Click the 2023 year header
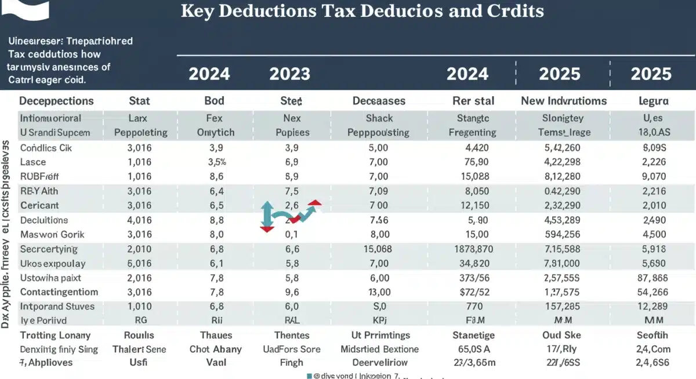click(x=289, y=74)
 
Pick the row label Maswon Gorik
click(x=52, y=235)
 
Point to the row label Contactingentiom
click(x=59, y=292)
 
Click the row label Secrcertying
click(x=49, y=249)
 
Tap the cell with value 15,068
click(x=378, y=249)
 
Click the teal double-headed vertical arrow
click(x=267, y=217)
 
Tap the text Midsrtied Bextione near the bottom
click(x=380, y=349)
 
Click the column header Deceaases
click(x=380, y=101)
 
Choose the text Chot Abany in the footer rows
click(x=215, y=349)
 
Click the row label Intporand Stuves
click(x=57, y=307)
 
